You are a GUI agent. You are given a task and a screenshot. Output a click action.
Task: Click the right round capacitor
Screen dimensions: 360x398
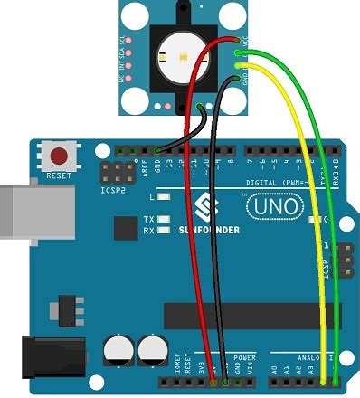pyautogui.click(x=150, y=350)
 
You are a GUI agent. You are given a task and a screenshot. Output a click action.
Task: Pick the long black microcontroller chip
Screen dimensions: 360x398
pyautogui.click(x=244, y=314)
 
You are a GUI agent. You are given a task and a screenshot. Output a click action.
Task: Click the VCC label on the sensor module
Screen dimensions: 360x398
pyautogui.click(x=247, y=43)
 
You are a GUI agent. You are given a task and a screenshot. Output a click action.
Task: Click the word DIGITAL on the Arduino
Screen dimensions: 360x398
pyautogui.click(x=236, y=181)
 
